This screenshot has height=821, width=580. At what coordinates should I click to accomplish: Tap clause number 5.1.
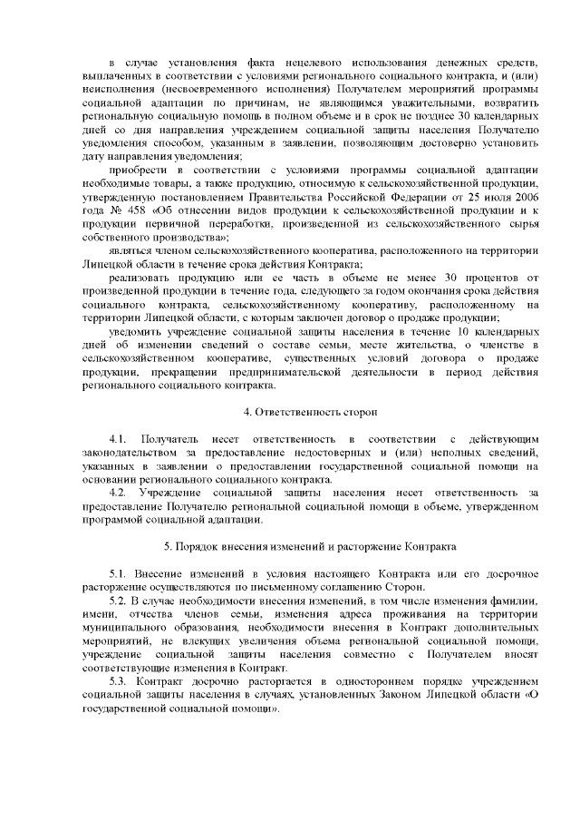(x=119, y=575)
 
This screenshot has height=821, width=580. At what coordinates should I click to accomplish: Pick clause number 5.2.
(x=119, y=601)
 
